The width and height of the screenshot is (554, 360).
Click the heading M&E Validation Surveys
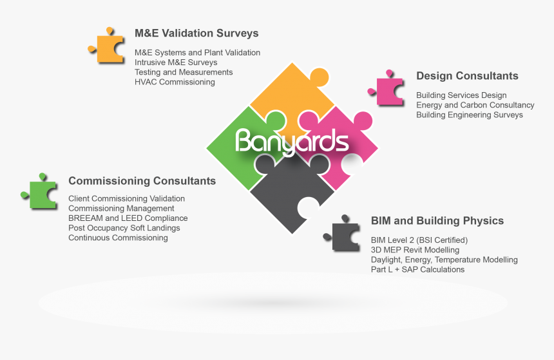(196, 33)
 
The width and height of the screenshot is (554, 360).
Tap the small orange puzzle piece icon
(108, 46)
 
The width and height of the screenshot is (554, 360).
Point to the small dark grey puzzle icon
(345, 236)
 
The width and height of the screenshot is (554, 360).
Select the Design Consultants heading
(467, 76)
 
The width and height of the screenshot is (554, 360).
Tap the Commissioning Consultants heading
(142, 181)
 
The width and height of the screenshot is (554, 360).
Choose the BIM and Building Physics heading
(437, 221)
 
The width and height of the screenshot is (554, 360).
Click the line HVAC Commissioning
(175, 82)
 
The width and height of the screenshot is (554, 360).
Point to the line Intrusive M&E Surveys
(176, 62)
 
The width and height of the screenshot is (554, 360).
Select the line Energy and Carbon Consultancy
(475, 105)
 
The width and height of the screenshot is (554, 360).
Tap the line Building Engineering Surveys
(469, 115)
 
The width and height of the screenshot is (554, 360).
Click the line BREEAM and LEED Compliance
(128, 218)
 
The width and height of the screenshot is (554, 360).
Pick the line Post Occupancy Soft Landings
(124, 228)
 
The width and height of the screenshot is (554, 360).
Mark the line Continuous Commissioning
(118, 238)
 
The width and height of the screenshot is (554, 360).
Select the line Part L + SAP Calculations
(417, 269)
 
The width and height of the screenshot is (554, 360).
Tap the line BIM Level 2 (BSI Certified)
(419, 240)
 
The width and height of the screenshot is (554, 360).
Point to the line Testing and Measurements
(184, 72)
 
